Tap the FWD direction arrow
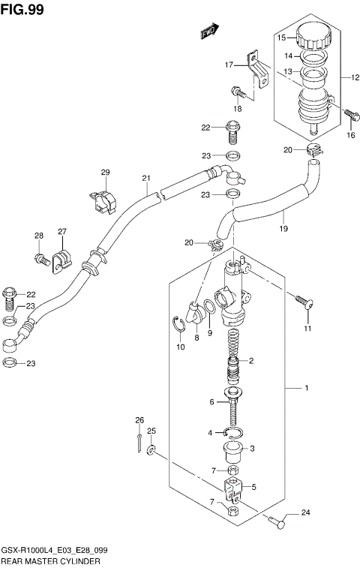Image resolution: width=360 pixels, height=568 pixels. tap(208, 32)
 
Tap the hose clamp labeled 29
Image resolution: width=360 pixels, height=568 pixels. tap(104, 200)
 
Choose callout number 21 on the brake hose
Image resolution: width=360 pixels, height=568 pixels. tap(146, 179)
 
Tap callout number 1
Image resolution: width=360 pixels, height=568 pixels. tap(306, 388)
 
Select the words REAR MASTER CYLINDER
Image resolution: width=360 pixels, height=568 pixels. tap(50, 560)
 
